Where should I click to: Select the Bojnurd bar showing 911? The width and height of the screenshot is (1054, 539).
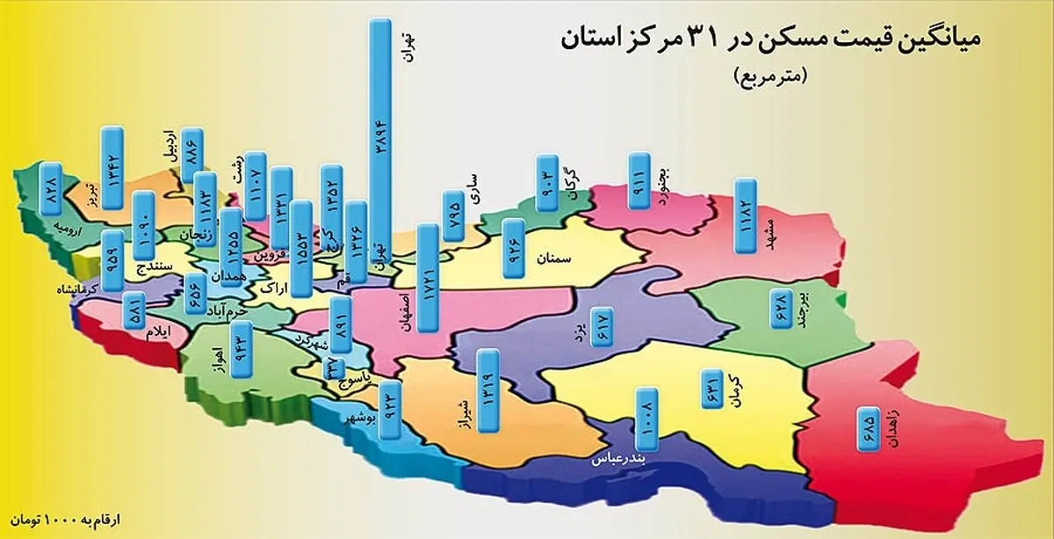639,180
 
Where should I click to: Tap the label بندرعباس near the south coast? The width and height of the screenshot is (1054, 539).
623,459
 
